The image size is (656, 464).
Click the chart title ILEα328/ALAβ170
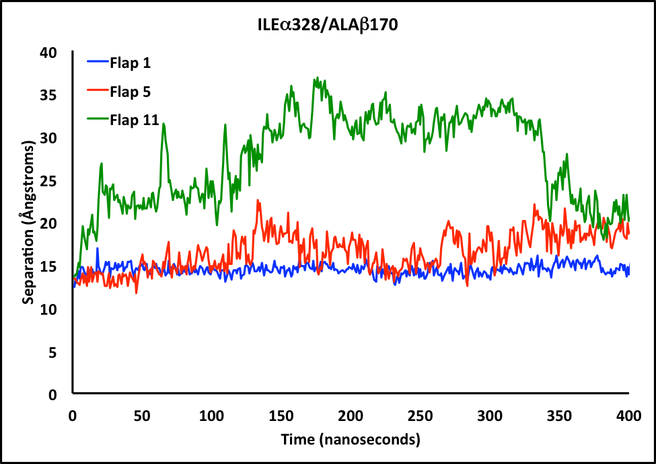click(328, 25)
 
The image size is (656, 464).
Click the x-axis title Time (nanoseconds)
click(351, 440)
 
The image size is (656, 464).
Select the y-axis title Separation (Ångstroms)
click(28, 223)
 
